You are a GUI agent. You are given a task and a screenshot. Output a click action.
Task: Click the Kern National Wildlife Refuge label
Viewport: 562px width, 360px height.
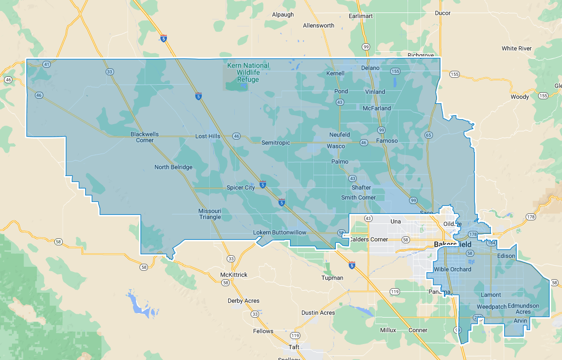[248, 72]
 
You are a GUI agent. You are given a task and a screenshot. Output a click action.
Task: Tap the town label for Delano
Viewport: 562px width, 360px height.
[370, 68]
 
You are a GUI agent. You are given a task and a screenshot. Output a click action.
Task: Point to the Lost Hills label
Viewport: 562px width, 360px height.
[207, 136]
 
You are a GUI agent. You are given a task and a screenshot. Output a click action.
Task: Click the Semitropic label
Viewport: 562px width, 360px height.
[276, 143]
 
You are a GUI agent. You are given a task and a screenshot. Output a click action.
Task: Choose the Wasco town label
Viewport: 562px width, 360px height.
[336, 146]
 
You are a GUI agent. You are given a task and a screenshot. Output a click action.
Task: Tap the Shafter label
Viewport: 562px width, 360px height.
[361, 187]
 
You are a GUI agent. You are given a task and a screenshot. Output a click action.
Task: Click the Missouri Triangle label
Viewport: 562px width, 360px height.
[210, 214]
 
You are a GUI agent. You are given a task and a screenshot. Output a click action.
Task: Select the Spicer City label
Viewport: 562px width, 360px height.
[241, 187]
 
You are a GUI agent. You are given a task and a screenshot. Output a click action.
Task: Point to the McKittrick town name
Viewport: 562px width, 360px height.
[234, 275]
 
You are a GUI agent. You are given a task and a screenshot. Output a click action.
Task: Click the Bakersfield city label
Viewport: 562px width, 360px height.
[452, 244]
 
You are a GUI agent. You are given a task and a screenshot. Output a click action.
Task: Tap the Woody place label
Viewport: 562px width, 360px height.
[520, 97]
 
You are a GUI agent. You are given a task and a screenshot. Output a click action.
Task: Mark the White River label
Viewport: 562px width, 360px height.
[517, 48]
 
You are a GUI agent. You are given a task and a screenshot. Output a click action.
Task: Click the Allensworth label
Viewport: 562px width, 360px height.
[319, 25]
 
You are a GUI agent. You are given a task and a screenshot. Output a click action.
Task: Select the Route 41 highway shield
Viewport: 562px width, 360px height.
[46, 64]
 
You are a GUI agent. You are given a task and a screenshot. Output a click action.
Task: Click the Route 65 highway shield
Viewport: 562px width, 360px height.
[428, 135]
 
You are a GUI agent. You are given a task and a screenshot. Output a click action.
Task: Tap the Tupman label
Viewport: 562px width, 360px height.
[332, 278]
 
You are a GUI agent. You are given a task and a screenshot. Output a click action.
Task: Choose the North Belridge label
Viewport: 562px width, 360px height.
[173, 167]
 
